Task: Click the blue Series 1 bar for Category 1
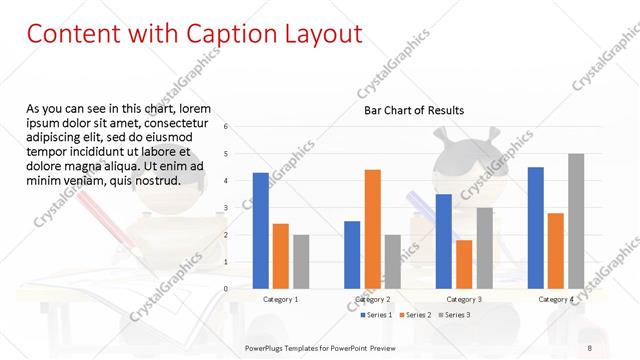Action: [x=260, y=230]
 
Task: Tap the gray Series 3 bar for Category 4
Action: [x=576, y=221]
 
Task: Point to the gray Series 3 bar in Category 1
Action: [x=301, y=261]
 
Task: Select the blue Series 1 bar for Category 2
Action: [x=352, y=254]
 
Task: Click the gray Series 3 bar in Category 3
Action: [x=484, y=248]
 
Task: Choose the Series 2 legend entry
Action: [x=416, y=315]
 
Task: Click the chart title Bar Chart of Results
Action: [x=413, y=110]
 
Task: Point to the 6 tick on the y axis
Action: [x=227, y=127]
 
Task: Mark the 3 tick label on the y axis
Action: [x=227, y=208]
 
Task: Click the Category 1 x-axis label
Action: [x=280, y=299]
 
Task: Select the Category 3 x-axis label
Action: [x=464, y=299]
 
